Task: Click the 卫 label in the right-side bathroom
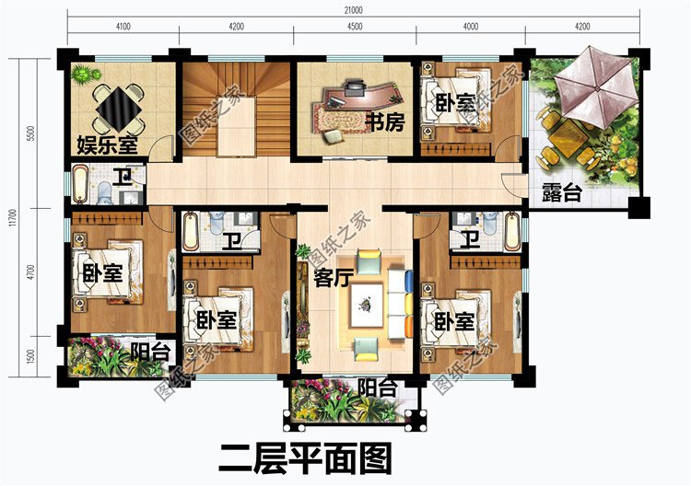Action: [471, 240]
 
